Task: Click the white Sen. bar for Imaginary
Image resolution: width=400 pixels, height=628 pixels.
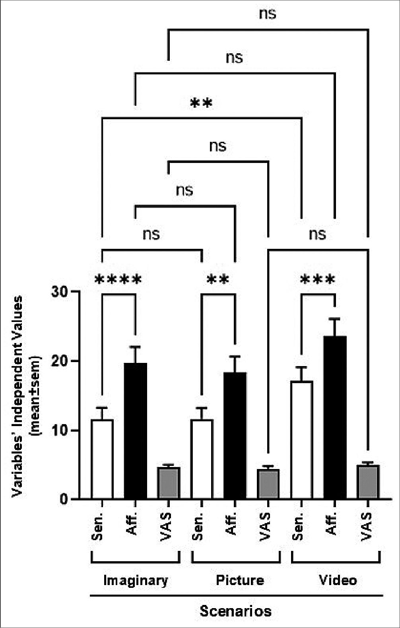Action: click(102, 459)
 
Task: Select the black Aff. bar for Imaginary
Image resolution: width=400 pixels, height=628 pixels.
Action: click(135, 431)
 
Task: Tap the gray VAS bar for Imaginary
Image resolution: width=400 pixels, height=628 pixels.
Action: click(169, 483)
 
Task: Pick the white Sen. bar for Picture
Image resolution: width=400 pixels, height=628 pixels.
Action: click(202, 459)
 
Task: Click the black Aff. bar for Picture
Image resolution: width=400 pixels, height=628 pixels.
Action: click(235, 436)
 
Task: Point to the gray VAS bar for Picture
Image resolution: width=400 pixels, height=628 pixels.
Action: click(268, 484)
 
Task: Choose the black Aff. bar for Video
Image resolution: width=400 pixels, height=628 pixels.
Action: click(335, 417)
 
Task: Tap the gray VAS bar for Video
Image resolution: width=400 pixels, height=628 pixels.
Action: click(368, 482)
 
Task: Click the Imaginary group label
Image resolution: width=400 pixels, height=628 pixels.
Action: click(136, 581)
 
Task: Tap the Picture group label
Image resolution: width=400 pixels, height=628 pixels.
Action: click(240, 580)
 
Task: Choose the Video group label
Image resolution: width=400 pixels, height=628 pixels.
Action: click(338, 580)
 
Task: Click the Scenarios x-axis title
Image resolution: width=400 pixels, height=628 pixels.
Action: click(235, 611)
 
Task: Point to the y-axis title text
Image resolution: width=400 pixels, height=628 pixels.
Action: click(26, 395)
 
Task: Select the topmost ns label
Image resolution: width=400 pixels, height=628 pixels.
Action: click(268, 14)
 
